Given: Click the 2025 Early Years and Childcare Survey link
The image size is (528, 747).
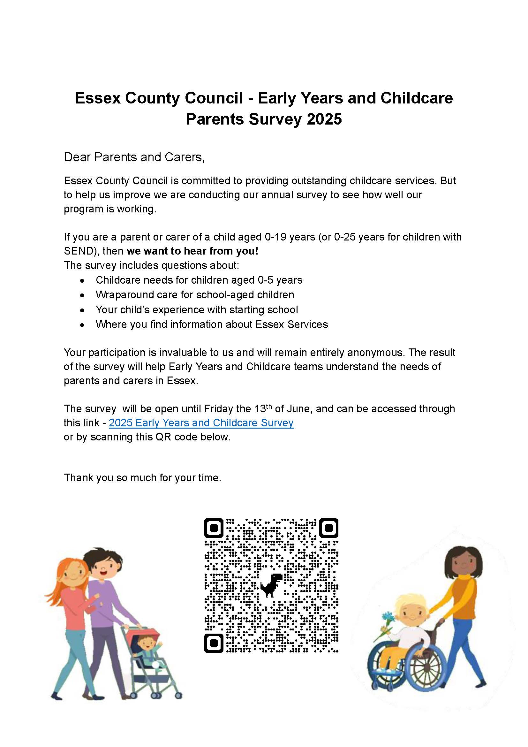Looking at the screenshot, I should tap(201, 423).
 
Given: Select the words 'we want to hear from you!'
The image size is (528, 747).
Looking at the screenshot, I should tap(192, 251).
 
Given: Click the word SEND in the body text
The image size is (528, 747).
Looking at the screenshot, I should tap(79, 251).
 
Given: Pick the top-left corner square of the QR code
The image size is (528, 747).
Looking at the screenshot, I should tap(214, 528).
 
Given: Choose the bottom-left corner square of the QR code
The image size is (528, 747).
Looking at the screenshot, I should tap(214, 643).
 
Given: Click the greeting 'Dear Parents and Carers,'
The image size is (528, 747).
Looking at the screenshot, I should tap(134, 157).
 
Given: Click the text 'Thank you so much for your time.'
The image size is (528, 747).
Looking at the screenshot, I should tap(142, 477).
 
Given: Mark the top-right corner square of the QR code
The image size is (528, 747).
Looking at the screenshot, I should tap(329, 528).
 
